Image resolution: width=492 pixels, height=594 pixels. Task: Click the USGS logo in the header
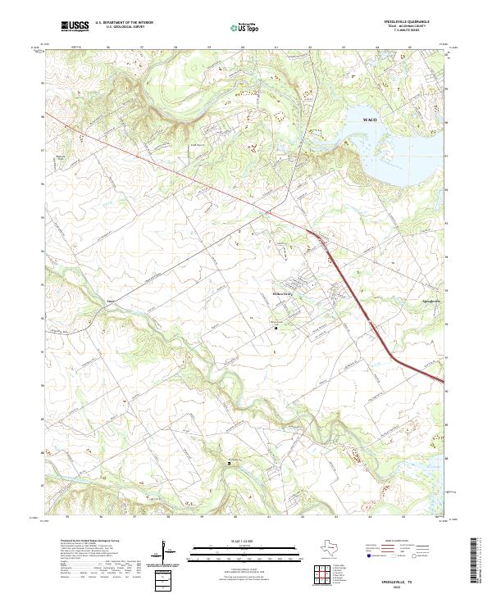[75, 26]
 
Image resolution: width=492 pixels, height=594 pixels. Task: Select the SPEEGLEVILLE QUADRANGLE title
[415, 21]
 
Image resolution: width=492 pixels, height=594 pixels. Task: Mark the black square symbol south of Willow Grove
[276, 329]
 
